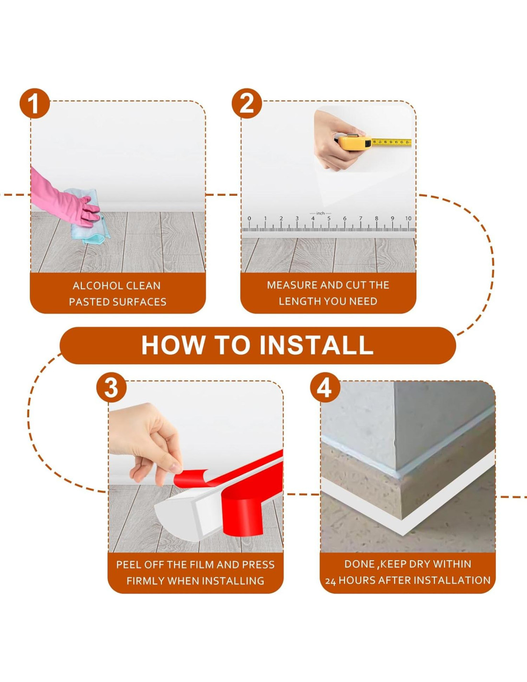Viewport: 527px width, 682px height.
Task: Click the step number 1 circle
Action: (x=34, y=103)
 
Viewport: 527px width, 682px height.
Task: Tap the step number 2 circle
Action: (x=247, y=103)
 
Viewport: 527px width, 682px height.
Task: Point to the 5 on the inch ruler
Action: (x=329, y=218)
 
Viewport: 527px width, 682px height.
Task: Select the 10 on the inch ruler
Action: (x=408, y=218)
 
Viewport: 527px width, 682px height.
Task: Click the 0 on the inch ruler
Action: (x=249, y=218)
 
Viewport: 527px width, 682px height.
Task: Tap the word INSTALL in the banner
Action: (x=316, y=345)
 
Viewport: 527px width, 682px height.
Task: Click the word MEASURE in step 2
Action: (x=292, y=285)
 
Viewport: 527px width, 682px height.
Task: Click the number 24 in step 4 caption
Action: (x=331, y=581)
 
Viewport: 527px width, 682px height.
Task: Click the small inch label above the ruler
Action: (x=321, y=213)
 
